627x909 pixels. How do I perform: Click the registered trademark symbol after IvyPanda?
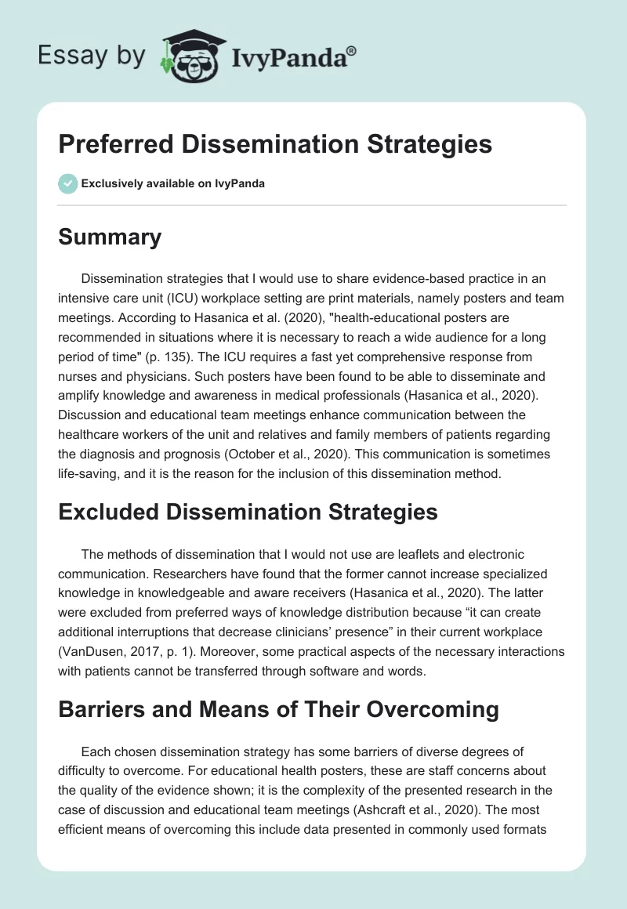[352, 49]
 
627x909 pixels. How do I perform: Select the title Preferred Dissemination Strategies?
[275, 145]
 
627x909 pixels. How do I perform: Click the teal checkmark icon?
[67, 183]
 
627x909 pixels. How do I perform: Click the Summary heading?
[110, 237]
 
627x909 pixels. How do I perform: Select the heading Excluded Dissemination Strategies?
[248, 512]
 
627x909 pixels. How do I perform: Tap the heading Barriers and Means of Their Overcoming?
[278, 709]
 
